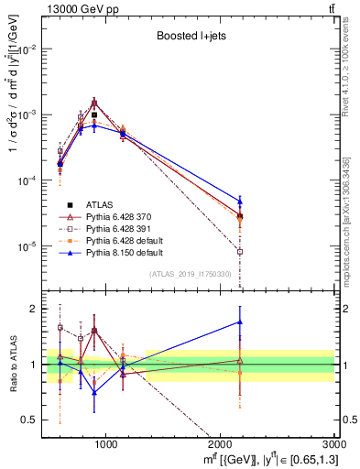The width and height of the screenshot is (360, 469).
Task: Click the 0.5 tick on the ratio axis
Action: [x=36, y=420]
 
